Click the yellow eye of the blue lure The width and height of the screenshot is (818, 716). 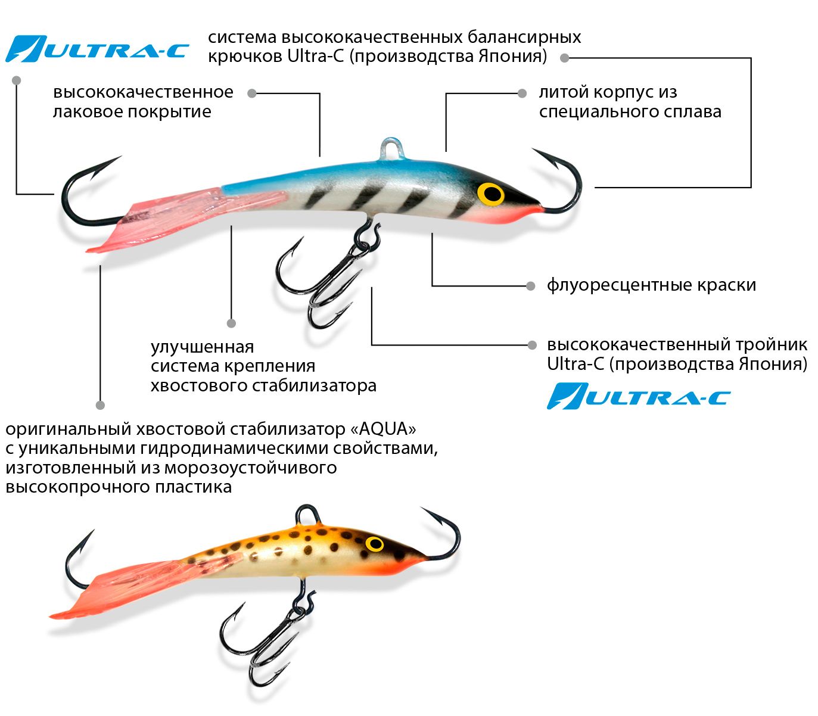490,194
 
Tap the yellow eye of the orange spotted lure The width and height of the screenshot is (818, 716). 375,544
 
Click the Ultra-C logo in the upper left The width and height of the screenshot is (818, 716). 97,49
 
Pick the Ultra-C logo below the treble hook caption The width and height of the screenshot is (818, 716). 639,396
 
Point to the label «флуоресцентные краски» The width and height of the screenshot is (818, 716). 651,285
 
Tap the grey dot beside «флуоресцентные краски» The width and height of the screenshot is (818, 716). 531,286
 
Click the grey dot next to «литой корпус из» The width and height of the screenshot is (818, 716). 522,94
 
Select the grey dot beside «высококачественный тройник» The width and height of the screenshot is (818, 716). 532,345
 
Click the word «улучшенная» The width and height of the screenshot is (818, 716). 203,347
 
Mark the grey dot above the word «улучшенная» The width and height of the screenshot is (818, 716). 231,323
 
